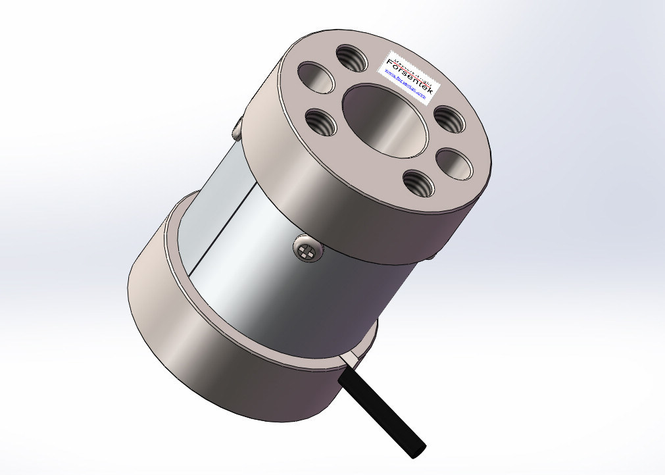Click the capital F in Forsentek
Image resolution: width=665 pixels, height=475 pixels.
coord(389,64)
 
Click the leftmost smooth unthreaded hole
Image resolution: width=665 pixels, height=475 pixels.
coord(314,76)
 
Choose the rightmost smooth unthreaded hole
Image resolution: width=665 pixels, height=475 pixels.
coord(454,162)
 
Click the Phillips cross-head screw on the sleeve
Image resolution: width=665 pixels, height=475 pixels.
coord(305,251)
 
